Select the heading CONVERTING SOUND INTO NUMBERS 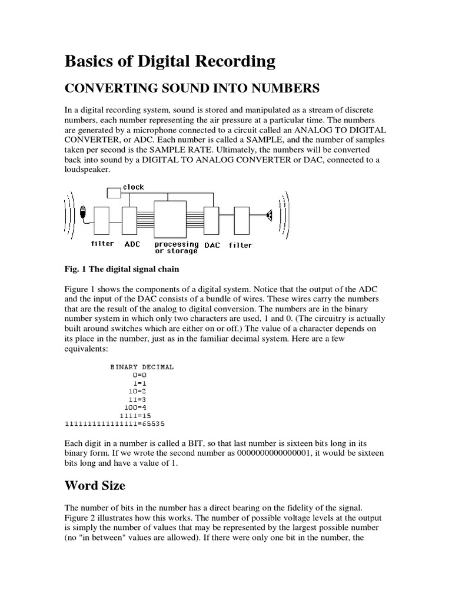[x=191, y=88]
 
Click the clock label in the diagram [x=134, y=187]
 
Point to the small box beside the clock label [x=114, y=192]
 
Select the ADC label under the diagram [x=132, y=244]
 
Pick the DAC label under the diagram [x=212, y=245]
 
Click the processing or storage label [x=176, y=247]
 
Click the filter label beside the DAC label [x=240, y=245]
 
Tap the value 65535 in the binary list [x=155, y=423]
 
